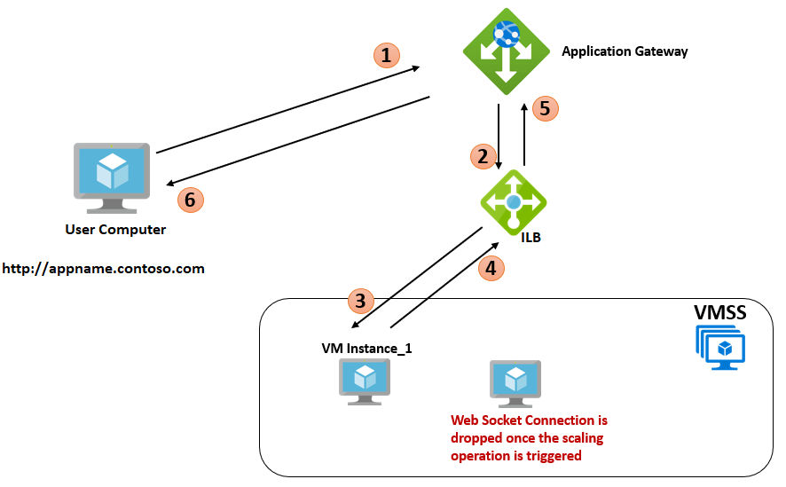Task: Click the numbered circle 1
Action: (x=385, y=56)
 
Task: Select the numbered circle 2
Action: (x=483, y=157)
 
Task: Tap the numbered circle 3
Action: (x=359, y=301)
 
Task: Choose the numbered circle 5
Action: (x=546, y=108)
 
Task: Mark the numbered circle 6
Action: (x=190, y=200)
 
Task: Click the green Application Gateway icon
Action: (x=505, y=51)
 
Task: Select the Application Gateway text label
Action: (x=625, y=51)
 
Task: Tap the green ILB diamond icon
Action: (x=514, y=201)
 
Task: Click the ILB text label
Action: (x=531, y=237)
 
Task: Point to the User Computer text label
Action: (x=115, y=230)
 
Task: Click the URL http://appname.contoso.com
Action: (x=104, y=268)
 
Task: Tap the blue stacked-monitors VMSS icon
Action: (x=720, y=347)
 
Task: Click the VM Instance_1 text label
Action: (x=366, y=349)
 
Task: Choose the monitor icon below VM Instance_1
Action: (x=365, y=381)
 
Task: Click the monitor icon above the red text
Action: (x=515, y=381)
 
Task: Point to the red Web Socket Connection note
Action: (x=529, y=437)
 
